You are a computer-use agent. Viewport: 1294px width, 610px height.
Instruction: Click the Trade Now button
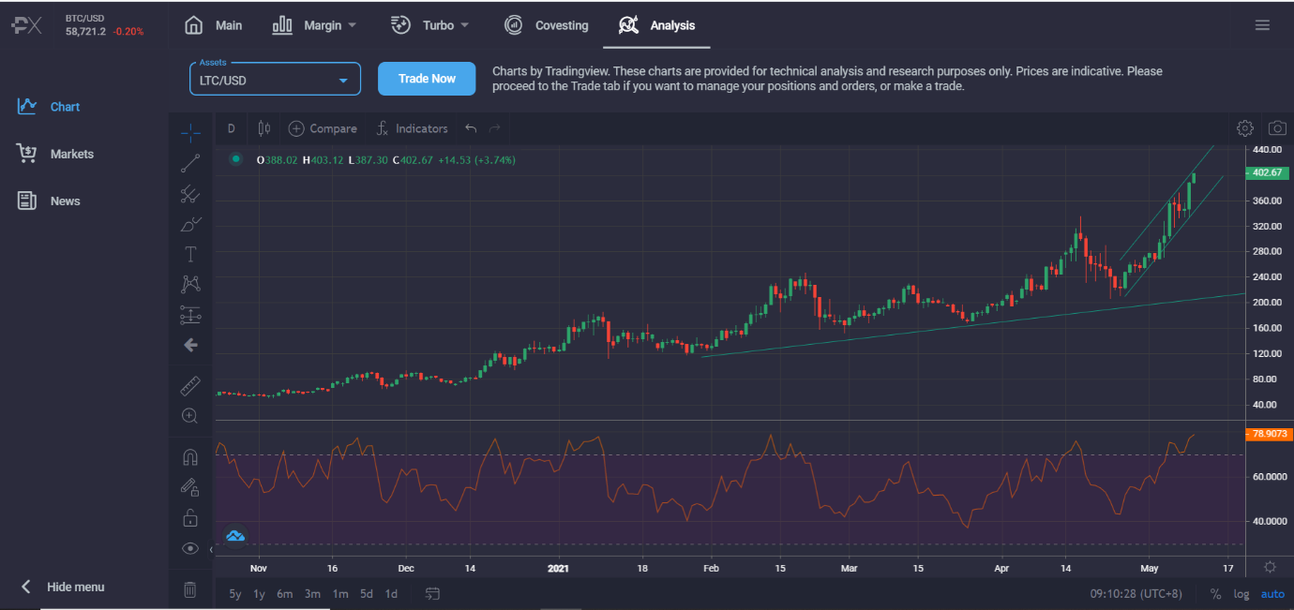[x=427, y=79]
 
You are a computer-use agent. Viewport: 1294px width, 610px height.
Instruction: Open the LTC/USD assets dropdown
[x=275, y=80]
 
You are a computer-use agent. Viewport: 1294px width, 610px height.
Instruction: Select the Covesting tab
[x=547, y=25]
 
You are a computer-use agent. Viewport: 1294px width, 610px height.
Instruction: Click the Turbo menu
[x=429, y=25]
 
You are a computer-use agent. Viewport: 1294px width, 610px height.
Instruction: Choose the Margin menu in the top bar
[x=314, y=25]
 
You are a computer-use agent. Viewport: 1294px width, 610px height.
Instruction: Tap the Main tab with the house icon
[x=214, y=25]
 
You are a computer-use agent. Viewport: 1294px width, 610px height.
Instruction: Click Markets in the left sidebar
[x=71, y=154]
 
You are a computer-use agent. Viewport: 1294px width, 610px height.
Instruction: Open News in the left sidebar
[x=65, y=201]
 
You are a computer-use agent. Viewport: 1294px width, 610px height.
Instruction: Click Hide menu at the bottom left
[x=75, y=587]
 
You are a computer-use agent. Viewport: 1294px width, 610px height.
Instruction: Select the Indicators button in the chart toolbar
[x=412, y=128]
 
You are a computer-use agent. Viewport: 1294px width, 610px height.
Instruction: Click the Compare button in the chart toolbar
[x=323, y=128]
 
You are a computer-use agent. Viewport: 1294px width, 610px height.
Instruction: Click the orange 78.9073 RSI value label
[x=1265, y=434]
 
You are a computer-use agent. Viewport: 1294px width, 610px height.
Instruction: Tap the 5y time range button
[x=235, y=593]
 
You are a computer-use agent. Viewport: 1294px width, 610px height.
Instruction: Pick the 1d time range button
[x=391, y=593]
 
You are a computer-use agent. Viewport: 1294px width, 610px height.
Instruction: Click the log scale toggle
[x=1241, y=593]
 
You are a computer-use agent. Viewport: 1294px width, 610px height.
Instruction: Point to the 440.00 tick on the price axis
[x=1267, y=150]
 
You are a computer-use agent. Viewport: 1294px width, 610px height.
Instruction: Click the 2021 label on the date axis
[x=558, y=568]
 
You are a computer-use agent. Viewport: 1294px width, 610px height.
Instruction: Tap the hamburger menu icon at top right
[x=1262, y=25]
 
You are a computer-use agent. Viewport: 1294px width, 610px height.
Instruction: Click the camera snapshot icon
[x=1277, y=128]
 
